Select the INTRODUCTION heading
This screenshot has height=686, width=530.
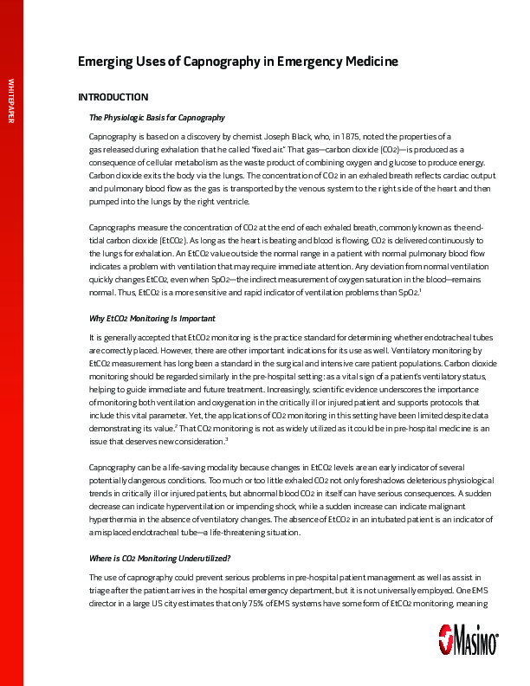[113, 97]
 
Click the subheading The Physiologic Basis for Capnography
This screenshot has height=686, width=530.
[157, 117]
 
